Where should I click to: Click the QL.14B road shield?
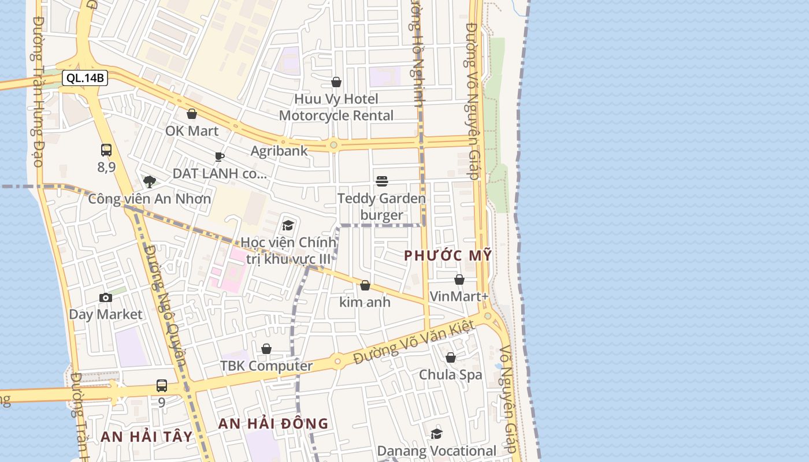pyautogui.click(x=85, y=78)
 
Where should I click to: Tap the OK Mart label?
pyautogui.click(x=192, y=131)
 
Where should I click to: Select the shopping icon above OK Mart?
pyautogui.click(x=192, y=114)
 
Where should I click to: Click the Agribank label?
pyautogui.click(x=279, y=151)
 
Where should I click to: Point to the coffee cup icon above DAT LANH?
pyautogui.click(x=219, y=157)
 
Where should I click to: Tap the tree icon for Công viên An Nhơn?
pyautogui.click(x=150, y=182)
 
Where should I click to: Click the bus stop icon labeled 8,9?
pyautogui.click(x=106, y=150)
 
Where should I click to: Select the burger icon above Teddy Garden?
pyautogui.click(x=381, y=181)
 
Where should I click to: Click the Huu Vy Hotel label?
pyautogui.click(x=336, y=99)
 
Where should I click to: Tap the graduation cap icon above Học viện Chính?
pyautogui.click(x=288, y=225)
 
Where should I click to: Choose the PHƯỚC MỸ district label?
pyautogui.click(x=448, y=255)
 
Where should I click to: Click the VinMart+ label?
pyautogui.click(x=459, y=296)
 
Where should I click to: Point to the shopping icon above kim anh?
pyautogui.click(x=365, y=285)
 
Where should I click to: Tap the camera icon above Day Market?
pyautogui.click(x=106, y=297)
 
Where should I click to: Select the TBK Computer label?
pyautogui.click(x=266, y=366)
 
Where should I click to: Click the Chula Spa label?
pyautogui.click(x=450, y=375)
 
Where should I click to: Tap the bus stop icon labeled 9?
pyautogui.click(x=162, y=385)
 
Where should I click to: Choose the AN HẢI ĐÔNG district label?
pyautogui.click(x=273, y=423)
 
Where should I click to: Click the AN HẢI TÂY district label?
pyautogui.click(x=146, y=437)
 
